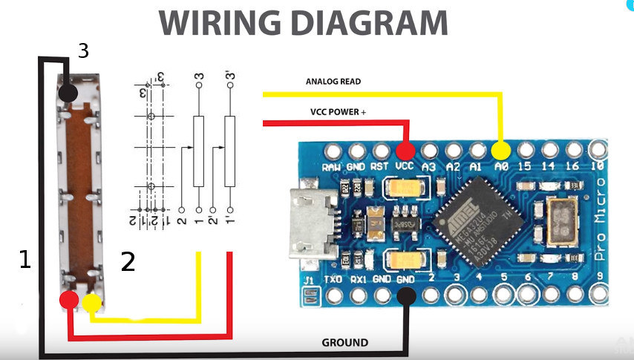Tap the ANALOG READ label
[333, 82]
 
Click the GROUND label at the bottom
[344, 342]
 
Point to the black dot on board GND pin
[406, 297]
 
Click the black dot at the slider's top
[68, 93]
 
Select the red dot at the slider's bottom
[69, 301]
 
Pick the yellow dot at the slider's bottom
[91, 302]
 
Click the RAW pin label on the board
[331, 167]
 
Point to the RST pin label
[380, 167]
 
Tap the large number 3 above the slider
[83, 51]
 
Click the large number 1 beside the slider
[25, 259]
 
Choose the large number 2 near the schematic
[128, 261]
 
